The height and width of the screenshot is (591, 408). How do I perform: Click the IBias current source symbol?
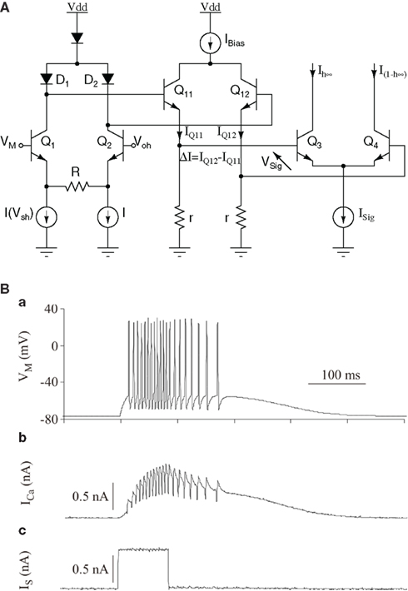pyautogui.click(x=210, y=42)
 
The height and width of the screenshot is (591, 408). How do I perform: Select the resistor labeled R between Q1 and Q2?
pyautogui.click(x=77, y=186)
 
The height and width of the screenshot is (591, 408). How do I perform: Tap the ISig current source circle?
pyautogui.click(x=343, y=216)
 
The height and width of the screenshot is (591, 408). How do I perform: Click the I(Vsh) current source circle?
pyautogui.click(x=47, y=216)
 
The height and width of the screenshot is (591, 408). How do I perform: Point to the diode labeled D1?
pyautogui.click(x=47, y=78)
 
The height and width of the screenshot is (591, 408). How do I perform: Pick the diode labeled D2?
pyautogui.click(x=108, y=78)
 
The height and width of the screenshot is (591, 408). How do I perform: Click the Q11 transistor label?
pyautogui.click(x=183, y=92)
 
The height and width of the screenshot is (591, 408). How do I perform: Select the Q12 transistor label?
pyautogui.click(x=240, y=92)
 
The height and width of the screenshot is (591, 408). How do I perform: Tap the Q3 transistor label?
pyautogui.click(x=315, y=142)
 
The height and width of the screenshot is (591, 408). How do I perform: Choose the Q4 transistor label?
pyautogui.click(x=371, y=142)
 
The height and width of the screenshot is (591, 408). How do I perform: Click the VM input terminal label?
pyautogui.click(x=8, y=142)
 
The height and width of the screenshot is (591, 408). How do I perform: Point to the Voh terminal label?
pyautogui.click(x=142, y=142)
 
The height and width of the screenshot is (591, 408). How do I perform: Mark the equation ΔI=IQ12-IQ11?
pyautogui.click(x=211, y=160)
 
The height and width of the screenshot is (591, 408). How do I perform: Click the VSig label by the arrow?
pyautogui.click(x=271, y=162)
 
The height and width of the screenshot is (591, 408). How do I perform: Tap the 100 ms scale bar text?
pyautogui.click(x=340, y=375)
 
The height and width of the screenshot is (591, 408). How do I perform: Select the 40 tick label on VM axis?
pyautogui.click(x=51, y=309)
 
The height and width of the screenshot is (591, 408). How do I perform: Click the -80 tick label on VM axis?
pyautogui.click(x=49, y=419)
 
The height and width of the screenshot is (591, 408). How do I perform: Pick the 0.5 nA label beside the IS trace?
pyautogui.click(x=90, y=569)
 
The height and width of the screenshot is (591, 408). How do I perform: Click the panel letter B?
pyautogui.click(x=5, y=290)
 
